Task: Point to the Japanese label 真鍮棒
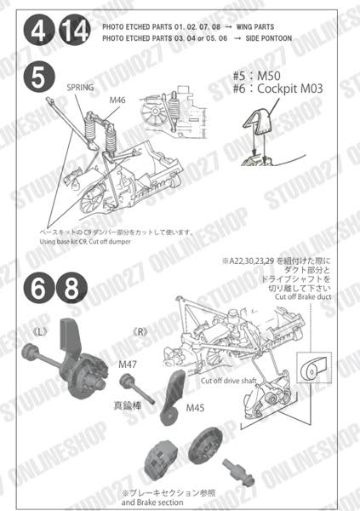coord(129,407)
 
